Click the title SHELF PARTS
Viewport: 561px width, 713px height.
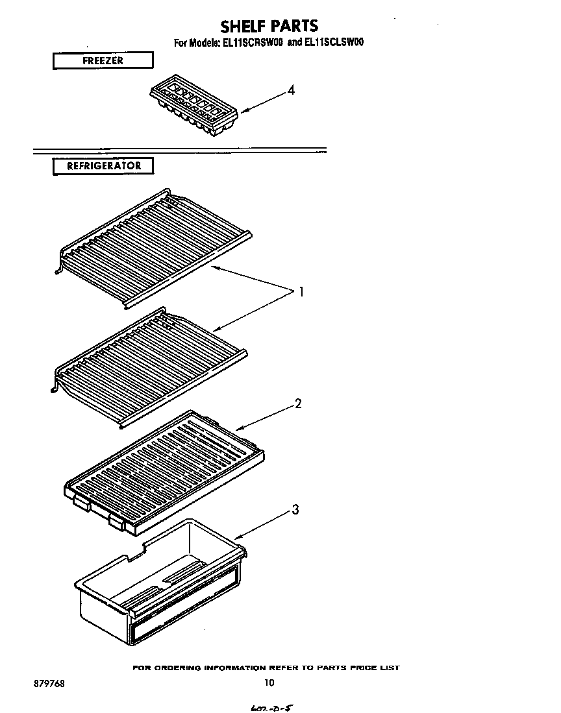click(x=269, y=26)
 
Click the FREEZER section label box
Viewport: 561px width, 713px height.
click(x=103, y=61)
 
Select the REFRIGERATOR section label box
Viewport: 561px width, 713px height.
click(x=103, y=166)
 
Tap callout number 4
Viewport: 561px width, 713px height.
click(x=291, y=91)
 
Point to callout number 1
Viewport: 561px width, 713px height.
click(x=301, y=292)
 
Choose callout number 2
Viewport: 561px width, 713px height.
click(x=298, y=404)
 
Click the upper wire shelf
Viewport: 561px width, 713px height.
click(x=154, y=247)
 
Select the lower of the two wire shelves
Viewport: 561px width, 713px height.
click(x=149, y=366)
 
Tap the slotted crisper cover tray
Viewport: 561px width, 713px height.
click(x=166, y=470)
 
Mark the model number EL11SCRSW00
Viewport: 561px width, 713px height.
click(x=250, y=43)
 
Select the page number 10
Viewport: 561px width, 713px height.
click(x=269, y=682)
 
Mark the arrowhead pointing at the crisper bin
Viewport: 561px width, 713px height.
click(x=237, y=538)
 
